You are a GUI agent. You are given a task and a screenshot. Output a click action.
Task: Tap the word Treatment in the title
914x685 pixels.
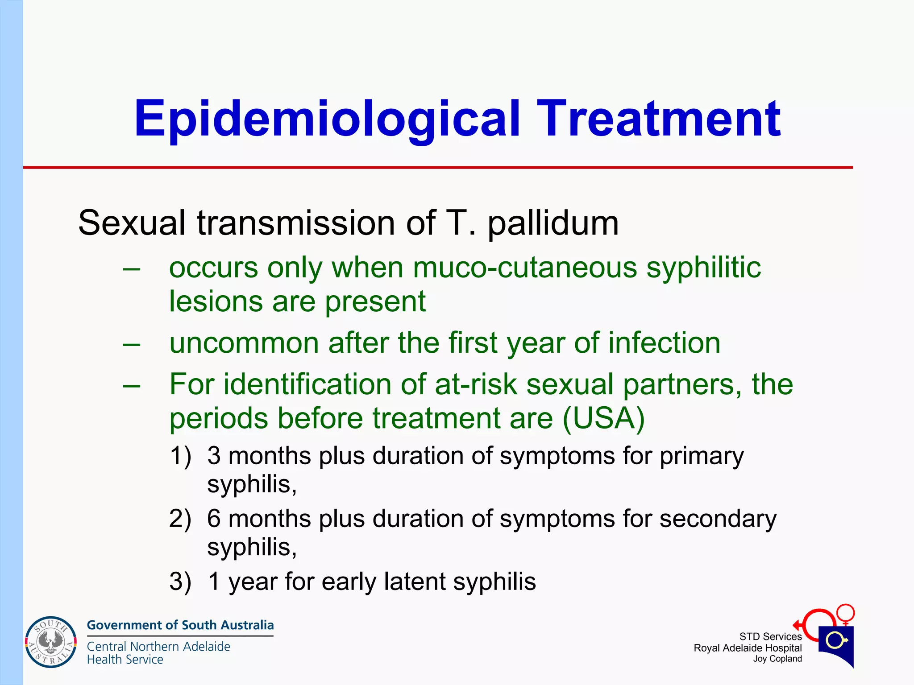coord(659,119)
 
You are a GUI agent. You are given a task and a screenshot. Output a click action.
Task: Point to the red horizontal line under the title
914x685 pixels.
coord(437,168)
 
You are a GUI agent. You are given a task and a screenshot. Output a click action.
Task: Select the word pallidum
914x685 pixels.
coord(553,223)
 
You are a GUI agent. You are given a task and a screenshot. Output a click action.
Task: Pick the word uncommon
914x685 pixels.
coord(244,343)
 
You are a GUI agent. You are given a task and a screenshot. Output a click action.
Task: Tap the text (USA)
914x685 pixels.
coord(603,418)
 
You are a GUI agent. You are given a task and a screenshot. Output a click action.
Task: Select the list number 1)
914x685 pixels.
coord(180,456)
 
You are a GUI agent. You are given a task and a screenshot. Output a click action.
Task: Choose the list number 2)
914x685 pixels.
coord(180,519)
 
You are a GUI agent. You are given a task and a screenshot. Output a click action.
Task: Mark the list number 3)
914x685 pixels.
coord(180,582)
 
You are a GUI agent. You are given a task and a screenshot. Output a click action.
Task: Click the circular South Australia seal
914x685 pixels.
coord(51,642)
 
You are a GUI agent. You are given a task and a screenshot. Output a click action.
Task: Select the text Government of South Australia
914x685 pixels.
coord(180,625)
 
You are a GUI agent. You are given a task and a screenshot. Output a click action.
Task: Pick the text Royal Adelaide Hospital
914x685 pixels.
coord(748,648)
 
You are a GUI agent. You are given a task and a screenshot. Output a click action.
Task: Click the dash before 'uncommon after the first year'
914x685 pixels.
coord(132,344)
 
